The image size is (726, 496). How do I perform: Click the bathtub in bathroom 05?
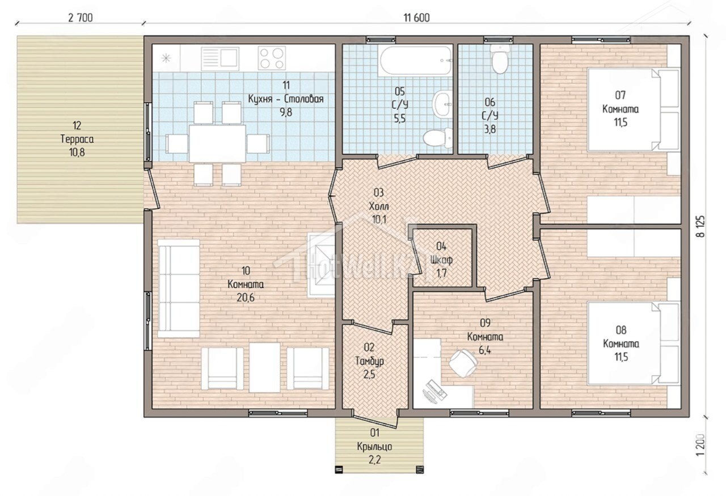pos(415,61)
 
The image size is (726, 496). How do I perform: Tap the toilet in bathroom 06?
pos(500,59)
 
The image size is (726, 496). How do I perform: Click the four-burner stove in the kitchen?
pos(272,58)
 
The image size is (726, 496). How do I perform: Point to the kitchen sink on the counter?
pos(220,58)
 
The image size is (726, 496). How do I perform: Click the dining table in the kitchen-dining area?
pos(217,143)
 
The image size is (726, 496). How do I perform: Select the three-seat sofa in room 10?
pos(178,289)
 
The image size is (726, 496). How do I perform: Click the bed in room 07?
pos(634,109)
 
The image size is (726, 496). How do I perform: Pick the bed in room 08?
pos(634,344)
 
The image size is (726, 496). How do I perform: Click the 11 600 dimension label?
pos(416,18)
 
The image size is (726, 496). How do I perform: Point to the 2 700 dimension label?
pos(81,18)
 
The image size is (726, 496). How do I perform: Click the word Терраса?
pos(77,139)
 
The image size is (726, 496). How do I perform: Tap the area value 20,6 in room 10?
pos(246,298)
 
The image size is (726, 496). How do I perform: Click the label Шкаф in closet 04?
pos(441,260)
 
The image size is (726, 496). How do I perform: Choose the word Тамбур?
pos(369,361)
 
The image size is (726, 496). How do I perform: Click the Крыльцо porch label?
pos(374,447)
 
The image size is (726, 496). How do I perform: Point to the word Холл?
pos(378,206)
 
